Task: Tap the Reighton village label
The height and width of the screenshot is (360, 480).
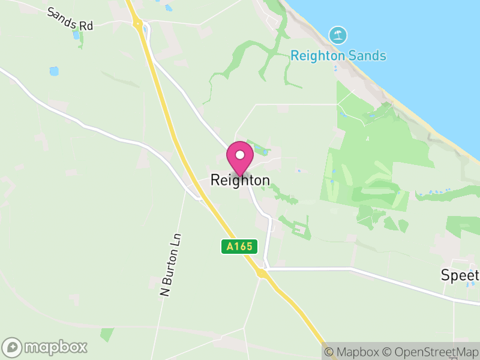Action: (x=240, y=180)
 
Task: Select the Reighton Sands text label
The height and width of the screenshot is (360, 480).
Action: (x=338, y=56)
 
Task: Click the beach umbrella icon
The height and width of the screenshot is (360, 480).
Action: (x=338, y=35)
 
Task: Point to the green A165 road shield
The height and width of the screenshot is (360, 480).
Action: (x=239, y=246)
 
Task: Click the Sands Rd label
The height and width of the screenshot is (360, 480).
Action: (x=71, y=20)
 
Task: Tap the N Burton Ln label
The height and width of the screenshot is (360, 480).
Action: (x=170, y=265)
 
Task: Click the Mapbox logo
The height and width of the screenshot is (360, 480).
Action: (x=46, y=347)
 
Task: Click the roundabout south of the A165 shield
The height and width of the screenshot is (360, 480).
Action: (x=262, y=273)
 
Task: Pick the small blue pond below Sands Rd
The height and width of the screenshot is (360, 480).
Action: (x=54, y=71)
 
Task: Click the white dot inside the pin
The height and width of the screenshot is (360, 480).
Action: (x=240, y=155)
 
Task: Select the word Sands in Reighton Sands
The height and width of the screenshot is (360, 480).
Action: (x=367, y=56)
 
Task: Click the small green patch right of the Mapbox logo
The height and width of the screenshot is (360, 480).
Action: (x=107, y=334)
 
